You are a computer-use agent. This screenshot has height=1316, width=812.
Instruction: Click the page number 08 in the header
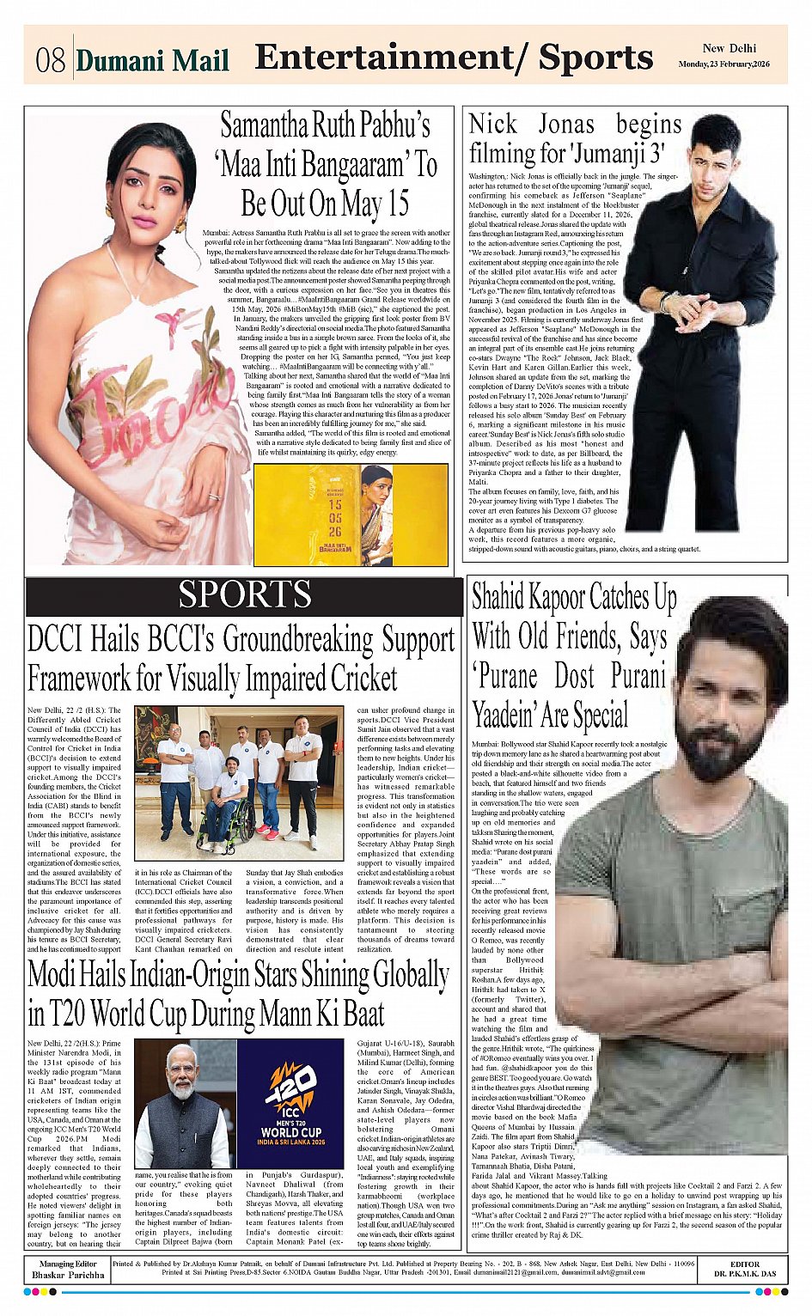pyautogui.click(x=51, y=61)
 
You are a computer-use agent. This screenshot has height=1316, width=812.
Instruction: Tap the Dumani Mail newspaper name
pyautogui.click(x=152, y=61)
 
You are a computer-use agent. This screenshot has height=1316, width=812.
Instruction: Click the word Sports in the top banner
pyautogui.click(x=595, y=58)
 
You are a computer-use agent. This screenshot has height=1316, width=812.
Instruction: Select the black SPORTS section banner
pyautogui.click(x=244, y=595)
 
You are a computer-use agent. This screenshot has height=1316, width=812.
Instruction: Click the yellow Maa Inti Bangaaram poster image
pyautogui.click(x=351, y=515)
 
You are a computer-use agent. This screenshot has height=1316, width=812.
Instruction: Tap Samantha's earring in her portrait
pyautogui.click(x=180, y=225)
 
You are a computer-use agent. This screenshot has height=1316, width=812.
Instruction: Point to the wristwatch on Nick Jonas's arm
pyautogui.click(x=664, y=301)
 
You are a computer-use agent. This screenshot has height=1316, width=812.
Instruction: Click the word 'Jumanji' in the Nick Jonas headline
pyautogui.click(x=609, y=154)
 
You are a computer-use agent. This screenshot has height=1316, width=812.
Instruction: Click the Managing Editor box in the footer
pyautogui.click(x=67, y=1269)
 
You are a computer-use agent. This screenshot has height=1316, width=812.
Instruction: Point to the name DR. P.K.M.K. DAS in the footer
pyautogui.click(x=744, y=1273)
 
